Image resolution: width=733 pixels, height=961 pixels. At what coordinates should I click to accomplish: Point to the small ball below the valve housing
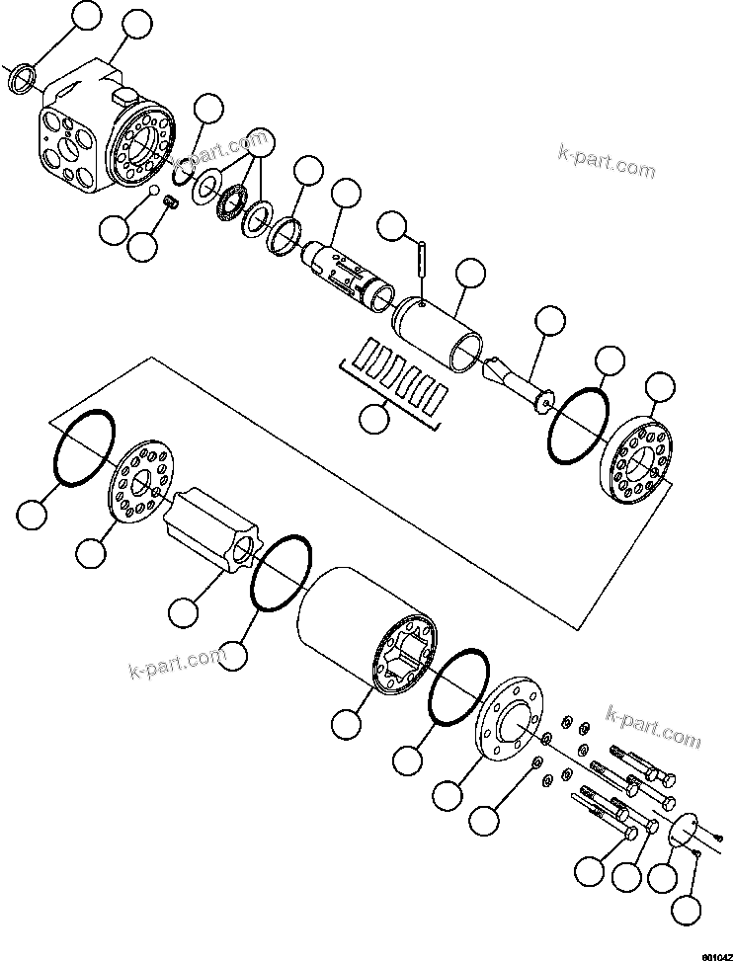pos(155,191)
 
